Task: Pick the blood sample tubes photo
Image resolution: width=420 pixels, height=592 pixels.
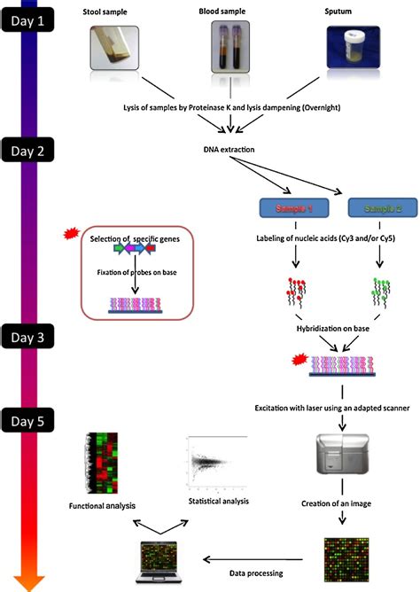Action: point(229,48)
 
